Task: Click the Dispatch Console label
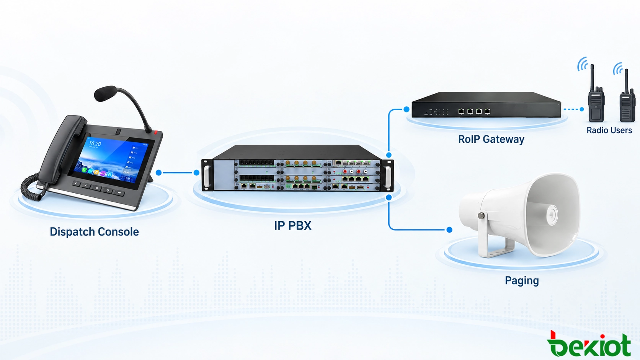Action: [94, 231]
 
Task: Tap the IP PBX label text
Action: [292, 226]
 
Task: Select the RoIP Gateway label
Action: [491, 139]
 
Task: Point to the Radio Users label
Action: [609, 130]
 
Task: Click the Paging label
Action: [522, 281]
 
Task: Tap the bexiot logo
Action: [589, 344]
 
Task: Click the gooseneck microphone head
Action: [105, 93]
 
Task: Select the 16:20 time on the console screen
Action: [95, 143]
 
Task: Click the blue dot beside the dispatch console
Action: [158, 173]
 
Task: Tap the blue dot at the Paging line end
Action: [449, 230]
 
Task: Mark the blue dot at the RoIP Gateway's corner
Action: [406, 109]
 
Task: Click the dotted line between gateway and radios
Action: [572, 109]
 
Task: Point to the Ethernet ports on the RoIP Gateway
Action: [474, 111]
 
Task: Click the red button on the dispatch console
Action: [156, 132]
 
